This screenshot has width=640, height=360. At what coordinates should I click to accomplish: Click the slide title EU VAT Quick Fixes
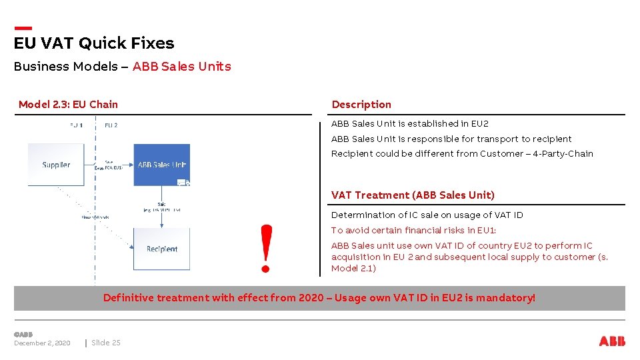[94, 43]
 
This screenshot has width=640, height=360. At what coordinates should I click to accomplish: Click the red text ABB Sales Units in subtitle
[182, 67]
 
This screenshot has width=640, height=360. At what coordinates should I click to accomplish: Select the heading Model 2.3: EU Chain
[68, 104]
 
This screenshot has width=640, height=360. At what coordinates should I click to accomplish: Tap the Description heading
[361, 104]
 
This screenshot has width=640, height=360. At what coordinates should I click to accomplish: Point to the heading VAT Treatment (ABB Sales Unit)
[413, 195]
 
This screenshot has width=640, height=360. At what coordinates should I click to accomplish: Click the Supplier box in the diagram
[56, 165]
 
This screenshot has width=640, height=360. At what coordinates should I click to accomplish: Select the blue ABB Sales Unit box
[161, 165]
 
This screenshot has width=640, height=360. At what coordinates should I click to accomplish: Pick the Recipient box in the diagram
[161, 249]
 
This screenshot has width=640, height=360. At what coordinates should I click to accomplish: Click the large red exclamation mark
[267, 248]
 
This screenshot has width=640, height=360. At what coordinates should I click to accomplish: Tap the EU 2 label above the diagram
[111, 125]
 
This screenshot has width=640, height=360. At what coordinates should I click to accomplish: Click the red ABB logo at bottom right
[612, 341]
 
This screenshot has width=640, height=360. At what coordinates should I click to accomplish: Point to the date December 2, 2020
[42, 343]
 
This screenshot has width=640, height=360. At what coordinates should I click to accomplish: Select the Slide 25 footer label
[106, 343]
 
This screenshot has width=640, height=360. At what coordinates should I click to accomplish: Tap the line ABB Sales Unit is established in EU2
[410, 124]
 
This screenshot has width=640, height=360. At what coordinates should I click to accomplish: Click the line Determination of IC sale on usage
[427, 215]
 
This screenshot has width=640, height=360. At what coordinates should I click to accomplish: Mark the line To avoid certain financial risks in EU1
[413, 231]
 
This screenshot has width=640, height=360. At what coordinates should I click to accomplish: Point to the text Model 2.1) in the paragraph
[353, 269]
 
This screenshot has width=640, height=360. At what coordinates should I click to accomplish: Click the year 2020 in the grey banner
[311, 298]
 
